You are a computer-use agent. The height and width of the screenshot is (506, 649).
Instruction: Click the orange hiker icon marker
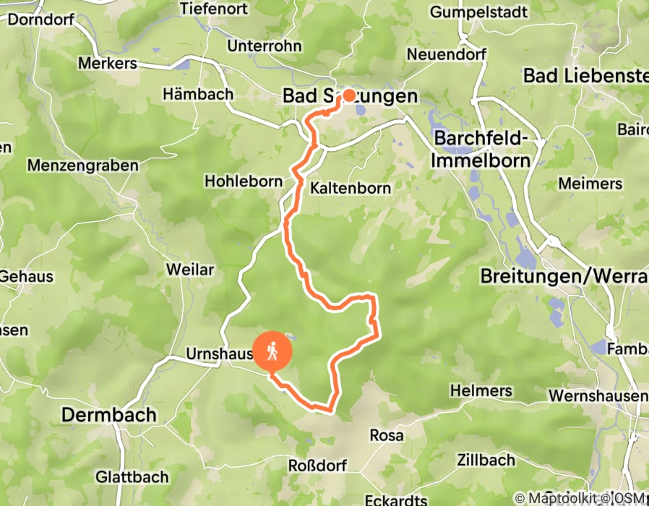tap(272, 351)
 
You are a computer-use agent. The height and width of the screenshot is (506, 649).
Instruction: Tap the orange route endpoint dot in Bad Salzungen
tap(348, 95)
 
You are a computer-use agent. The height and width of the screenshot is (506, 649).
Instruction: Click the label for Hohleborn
tap(243, 181)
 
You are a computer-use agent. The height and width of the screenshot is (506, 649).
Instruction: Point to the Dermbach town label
tap(108, 415)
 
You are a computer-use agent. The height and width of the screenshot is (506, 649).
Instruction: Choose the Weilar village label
tap(190, 270)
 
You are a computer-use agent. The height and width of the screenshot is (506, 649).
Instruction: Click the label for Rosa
tap(387, 435)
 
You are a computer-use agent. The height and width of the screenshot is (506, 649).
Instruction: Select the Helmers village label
tap(481, 391)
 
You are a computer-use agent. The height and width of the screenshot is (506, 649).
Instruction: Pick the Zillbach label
tap(486, 460)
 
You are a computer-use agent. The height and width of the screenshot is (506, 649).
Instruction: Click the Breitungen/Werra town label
tap(564, 275)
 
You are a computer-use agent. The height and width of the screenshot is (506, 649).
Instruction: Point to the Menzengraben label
tap(82, 166)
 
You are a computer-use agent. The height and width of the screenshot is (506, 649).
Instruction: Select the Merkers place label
tap(107, 64)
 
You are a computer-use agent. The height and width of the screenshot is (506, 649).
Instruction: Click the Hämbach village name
tap(198, 94)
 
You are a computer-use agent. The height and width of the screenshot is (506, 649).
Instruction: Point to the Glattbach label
tap(132, 477)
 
